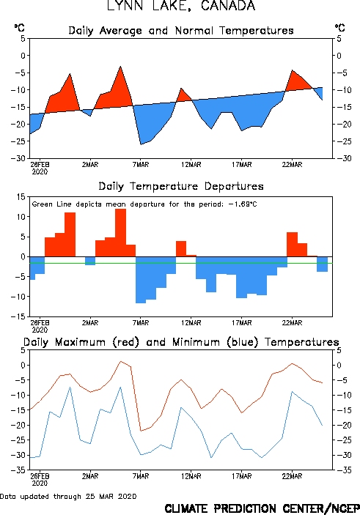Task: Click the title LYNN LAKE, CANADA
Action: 181,6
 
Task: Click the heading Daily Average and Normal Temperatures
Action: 181,31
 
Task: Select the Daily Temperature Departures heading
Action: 181,186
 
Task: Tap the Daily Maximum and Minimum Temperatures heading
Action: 181,342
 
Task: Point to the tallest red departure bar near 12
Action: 120,232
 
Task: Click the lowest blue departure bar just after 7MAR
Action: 141,280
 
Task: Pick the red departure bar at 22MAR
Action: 293,245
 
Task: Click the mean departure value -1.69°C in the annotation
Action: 243,204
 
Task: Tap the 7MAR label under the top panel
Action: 141,165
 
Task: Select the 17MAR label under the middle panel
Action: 242,323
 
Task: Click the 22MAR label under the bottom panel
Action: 292,476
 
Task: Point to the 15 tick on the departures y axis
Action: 21,197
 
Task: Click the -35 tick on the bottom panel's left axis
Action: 18,470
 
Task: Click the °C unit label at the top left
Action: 19,28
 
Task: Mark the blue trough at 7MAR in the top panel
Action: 141,144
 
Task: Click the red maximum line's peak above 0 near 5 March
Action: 121,361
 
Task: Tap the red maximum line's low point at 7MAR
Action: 141,431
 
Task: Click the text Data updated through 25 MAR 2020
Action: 68,496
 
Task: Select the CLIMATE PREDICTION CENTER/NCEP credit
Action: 262,508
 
